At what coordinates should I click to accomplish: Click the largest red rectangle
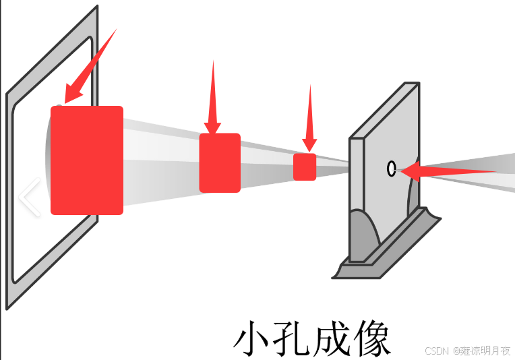pyautogui.click(x=87, y=160)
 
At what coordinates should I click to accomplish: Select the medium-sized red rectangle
pyautogui.click(x=220, y=162)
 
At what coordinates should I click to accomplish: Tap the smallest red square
pyautogui.click(x=305, y=167)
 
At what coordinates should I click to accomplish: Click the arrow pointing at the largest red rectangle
pyautogui.click(x=91, y=67)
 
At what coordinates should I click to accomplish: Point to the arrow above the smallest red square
pyautogui.click(x=310, y=118)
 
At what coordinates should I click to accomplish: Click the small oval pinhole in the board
pyautogui.click(x=391, y=169)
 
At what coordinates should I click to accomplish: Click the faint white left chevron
pyautogui.click(x=28, y=198)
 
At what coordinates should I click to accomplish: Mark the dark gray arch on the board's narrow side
pyautogui.click(x=363, y=236)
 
